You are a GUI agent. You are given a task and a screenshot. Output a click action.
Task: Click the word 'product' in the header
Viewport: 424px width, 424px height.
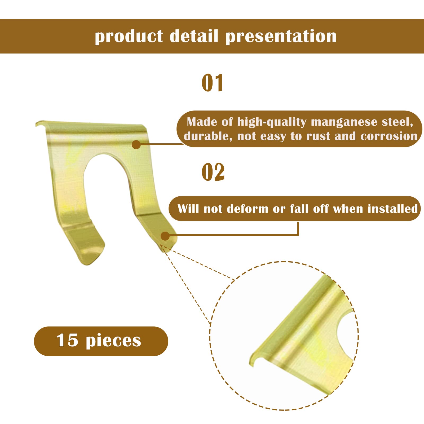[x=129, y=36]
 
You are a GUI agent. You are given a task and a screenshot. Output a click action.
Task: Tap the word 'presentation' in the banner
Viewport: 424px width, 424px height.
[x=281, y=36]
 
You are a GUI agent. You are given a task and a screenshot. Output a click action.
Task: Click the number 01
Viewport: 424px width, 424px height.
[x=212, y=83]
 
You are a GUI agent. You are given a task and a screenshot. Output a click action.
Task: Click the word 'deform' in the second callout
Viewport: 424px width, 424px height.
[x=248, y=209]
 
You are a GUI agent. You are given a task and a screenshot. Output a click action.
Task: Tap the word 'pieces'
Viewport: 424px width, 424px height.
[x=113, y=341]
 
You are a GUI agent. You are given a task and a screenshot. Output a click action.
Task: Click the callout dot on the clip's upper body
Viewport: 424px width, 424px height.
[x=136, y=144]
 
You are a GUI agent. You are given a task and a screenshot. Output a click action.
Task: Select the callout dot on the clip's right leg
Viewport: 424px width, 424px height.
[x=165, y=236]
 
